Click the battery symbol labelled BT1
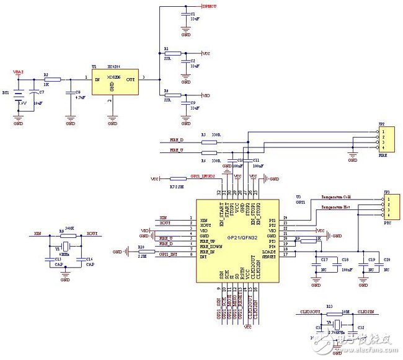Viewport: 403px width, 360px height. (x=19, y=97)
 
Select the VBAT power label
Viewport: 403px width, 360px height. (x=19, y=72)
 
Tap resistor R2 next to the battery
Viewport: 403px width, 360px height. (x=53, y=79)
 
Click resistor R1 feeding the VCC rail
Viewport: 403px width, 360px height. (x=172, y=53)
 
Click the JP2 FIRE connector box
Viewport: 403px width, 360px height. (x=386, y=140)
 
